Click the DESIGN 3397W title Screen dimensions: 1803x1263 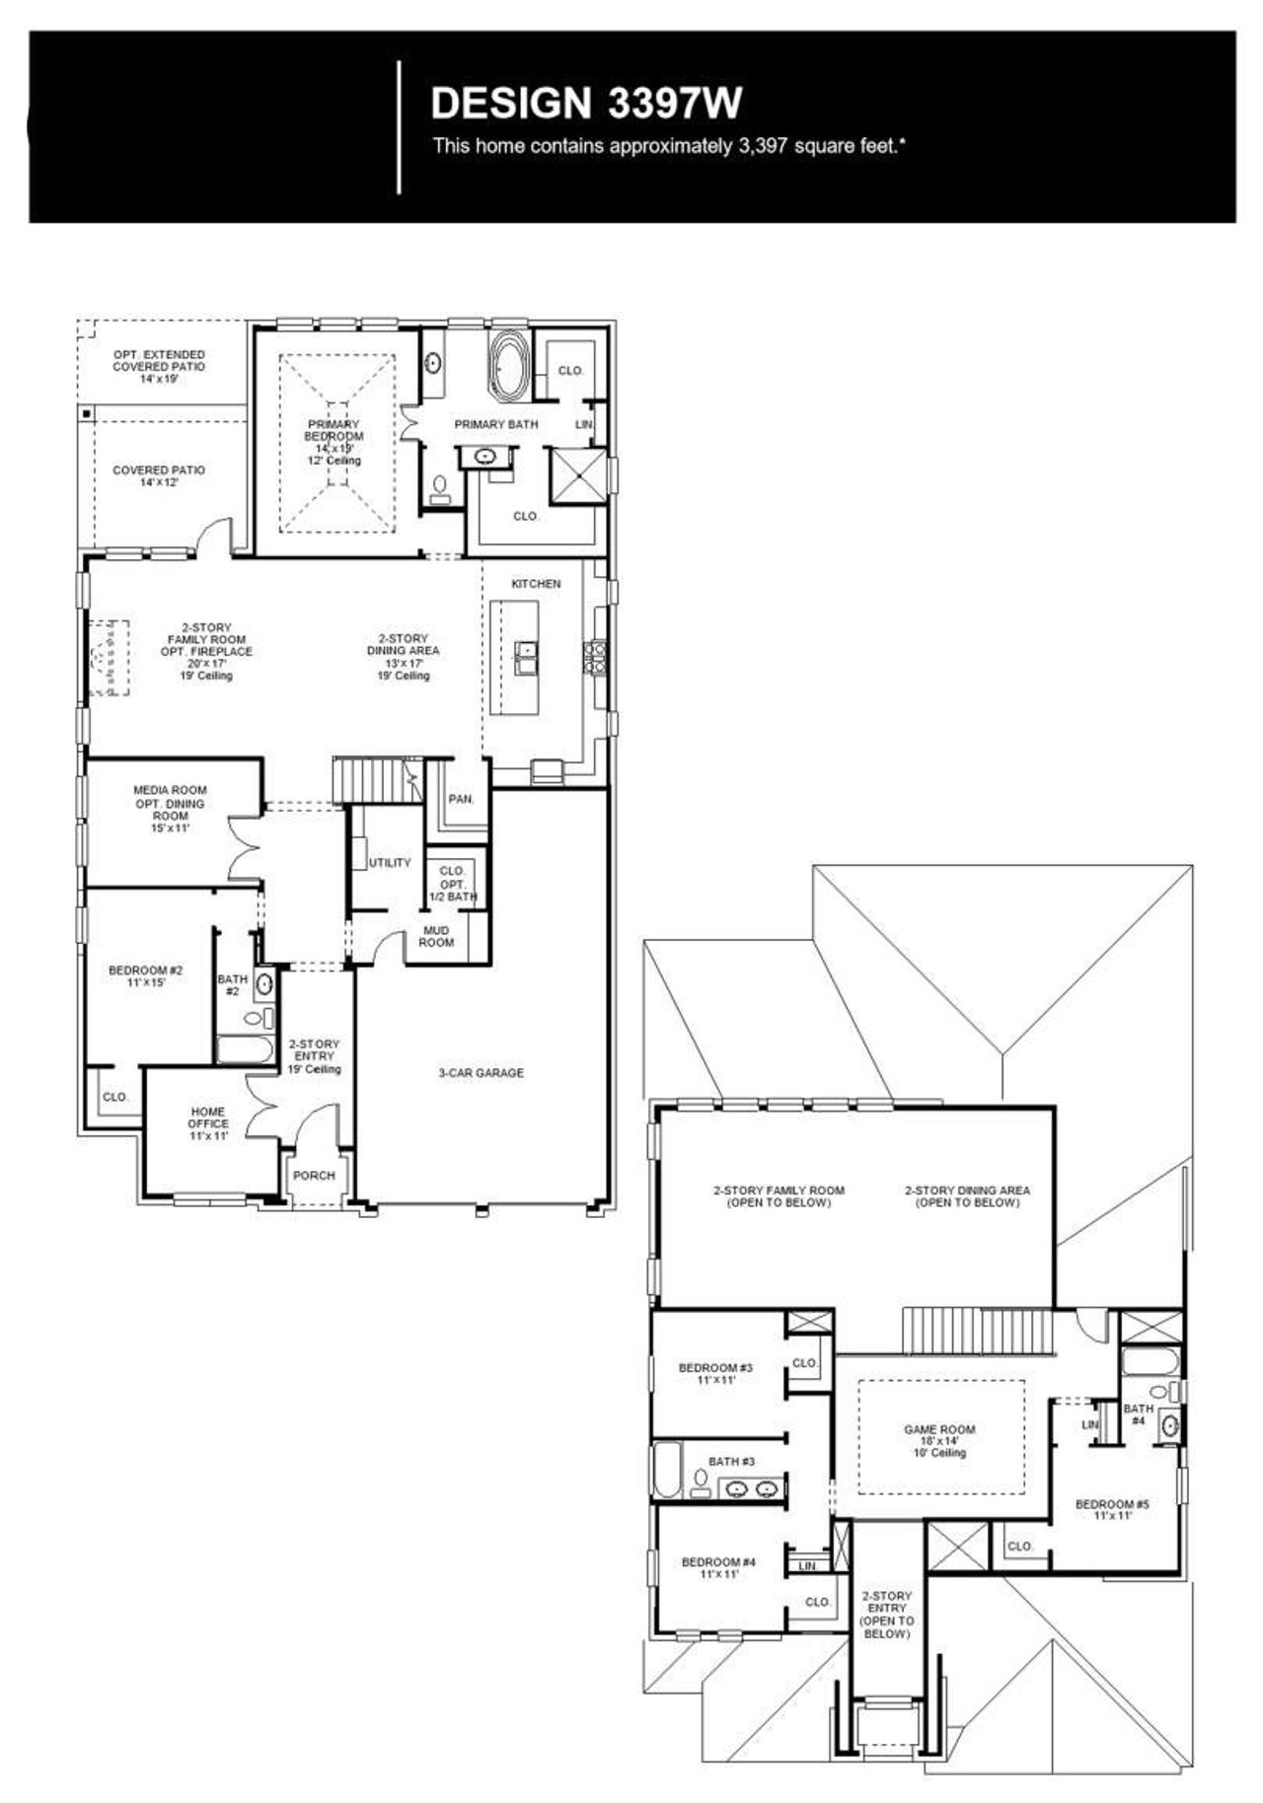[x=586, y=103]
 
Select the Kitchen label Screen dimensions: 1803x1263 [x=536, y=584]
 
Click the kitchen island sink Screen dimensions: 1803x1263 [x=526, y=650]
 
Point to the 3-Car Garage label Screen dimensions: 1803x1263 [x=481, y=1073]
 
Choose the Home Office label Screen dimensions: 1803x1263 [x=208, y=1123]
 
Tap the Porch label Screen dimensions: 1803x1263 [x=314, y=1176]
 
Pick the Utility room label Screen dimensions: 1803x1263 [x=389, y=863]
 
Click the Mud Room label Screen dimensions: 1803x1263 [x=436, y=936]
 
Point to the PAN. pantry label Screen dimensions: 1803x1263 [x=461, y=799]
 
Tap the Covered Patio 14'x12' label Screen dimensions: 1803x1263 [x=159, y=476]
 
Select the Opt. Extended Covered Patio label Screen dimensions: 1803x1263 [x=159, y=366]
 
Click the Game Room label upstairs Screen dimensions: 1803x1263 [x=939, y=1440]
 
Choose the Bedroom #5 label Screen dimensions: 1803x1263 [x=1112, y=1509]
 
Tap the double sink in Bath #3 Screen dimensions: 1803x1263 [x=751, y=1488]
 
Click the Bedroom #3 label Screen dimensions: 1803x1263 [x=715, y=1373]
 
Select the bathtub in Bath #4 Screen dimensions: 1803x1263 [x=1150, y=1364]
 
